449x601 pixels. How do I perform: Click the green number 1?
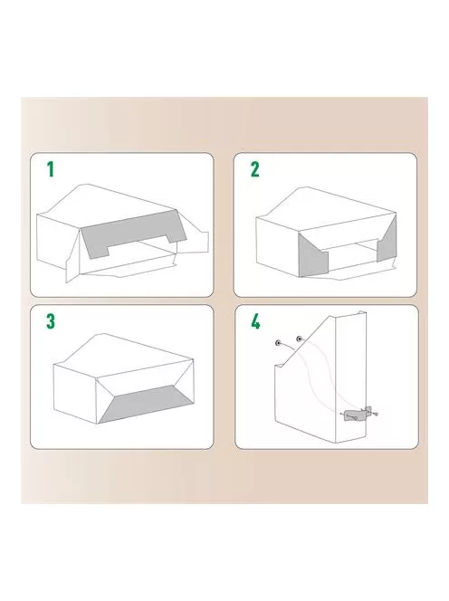(x=50, y=169)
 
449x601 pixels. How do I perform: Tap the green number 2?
(x=255, y=169)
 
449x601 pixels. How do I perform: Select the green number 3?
(x=51, y=321)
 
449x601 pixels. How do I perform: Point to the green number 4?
(x=255, y=321)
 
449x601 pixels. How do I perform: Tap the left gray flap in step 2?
(x=311, y=257)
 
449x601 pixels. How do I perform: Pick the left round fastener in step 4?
(x=277, y=342)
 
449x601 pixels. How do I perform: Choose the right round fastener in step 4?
(x=299, y=339)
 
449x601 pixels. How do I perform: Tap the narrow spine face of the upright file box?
(x=350, y=377)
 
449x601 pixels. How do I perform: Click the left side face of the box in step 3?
(x=75, y=394)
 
